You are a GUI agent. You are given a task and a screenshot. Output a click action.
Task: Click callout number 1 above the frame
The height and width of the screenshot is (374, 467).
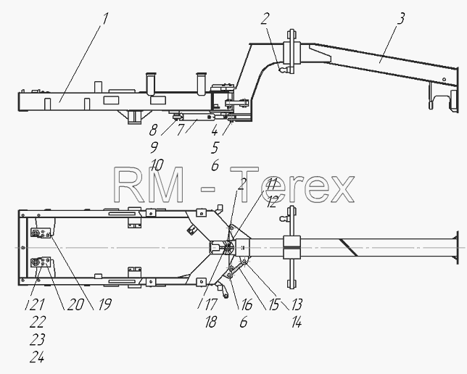pos(104,19)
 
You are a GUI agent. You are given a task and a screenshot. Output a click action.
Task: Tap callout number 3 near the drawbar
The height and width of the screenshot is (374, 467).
pos(401,18)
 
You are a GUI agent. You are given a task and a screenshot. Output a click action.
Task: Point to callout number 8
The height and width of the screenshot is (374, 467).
pos(153,130)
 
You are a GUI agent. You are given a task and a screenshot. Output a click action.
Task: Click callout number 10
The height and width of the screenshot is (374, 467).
pos(157,165)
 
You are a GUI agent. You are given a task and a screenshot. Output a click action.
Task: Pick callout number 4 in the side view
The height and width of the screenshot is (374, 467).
pos(215,130)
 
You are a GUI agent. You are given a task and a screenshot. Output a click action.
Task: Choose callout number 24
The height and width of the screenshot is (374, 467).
pos(37,357)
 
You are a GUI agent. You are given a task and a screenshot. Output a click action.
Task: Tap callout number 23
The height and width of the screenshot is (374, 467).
pos(37,339)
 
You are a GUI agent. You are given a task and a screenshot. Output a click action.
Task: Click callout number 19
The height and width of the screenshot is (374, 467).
pos(104,304)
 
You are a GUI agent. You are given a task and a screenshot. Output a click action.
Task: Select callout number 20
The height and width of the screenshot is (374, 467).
pos(75,304)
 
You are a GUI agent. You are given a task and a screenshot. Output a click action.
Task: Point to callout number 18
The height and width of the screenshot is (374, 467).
pos(211,322)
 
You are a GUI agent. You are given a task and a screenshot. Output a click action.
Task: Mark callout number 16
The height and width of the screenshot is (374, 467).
pos(247,304)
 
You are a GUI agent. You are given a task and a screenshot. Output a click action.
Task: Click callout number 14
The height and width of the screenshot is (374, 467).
pos(297,322)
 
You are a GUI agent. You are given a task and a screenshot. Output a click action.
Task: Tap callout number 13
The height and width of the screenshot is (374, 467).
pos(297,304)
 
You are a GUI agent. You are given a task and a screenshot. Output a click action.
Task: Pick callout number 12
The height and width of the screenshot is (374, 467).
pos(272,201)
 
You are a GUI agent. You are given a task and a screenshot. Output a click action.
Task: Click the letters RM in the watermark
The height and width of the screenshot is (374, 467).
pos(149,185)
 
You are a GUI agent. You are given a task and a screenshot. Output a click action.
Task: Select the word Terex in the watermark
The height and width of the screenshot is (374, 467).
pos(292,185)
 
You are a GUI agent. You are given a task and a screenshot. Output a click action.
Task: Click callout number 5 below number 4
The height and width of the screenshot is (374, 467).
pos(215,148)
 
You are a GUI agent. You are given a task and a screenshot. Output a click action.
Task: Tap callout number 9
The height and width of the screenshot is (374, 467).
pos(154,147)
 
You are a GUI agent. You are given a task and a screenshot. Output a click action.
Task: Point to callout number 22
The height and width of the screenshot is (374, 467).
pos(38,322)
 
